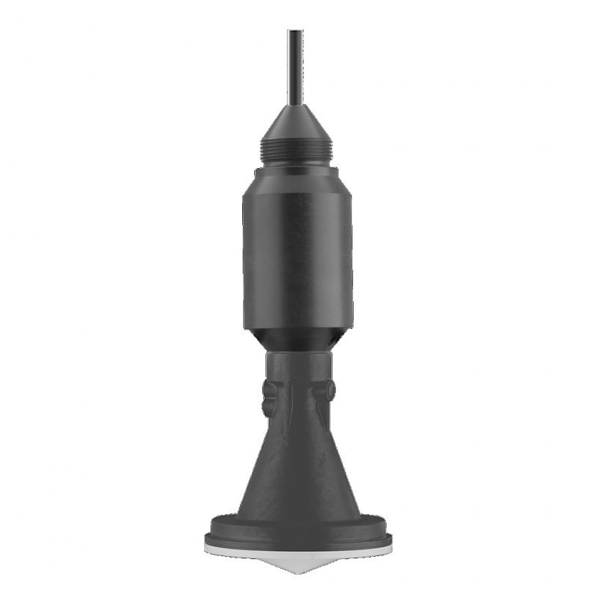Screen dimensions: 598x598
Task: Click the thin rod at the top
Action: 295,67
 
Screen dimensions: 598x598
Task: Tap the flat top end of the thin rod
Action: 295,31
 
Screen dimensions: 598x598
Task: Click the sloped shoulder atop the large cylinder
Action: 297,179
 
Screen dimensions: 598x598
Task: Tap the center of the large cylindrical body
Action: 298,258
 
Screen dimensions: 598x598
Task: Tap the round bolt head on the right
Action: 327,390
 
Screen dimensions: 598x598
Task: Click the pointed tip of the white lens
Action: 298,572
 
